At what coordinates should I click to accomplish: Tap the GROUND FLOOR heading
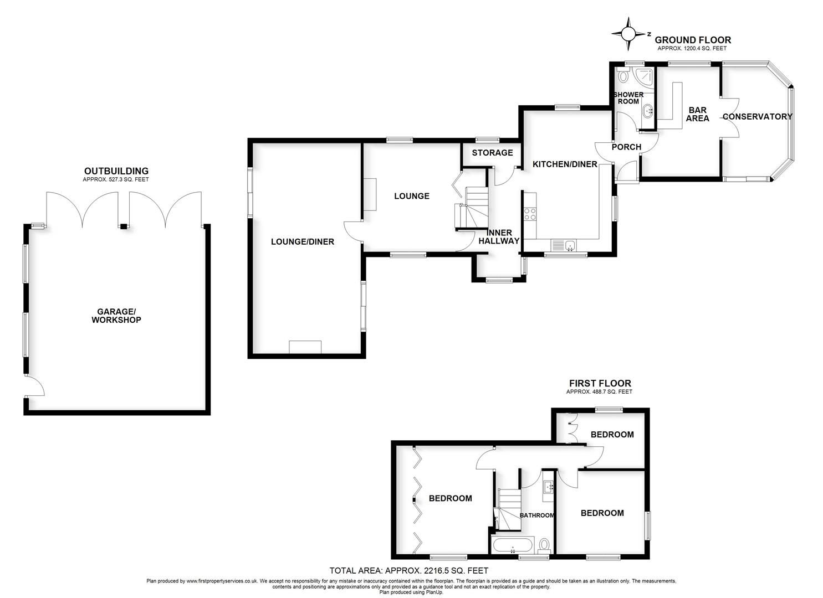[693, 40]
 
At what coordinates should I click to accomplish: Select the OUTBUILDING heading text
[116, 171]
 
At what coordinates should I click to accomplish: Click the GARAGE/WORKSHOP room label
[116, 316]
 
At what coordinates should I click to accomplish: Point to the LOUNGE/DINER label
[302, 241]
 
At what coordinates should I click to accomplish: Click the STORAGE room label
[492, 153]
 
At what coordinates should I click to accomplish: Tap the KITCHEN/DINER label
[564, 164]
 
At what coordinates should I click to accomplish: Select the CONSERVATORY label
[757, 116]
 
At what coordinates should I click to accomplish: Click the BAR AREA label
[697, 114]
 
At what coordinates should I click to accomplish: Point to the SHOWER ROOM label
[628, 98]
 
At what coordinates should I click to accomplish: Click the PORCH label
[626, 147]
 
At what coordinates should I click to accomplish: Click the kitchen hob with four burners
[530, 214]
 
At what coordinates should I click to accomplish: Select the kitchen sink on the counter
[564, 245]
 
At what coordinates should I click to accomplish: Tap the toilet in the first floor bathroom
[544, 545]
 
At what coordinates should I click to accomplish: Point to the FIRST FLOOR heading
[600, 383]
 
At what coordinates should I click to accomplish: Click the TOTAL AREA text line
[408, 570]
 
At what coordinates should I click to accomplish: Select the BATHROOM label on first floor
[536, 515]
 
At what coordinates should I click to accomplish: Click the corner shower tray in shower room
[643, 76]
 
